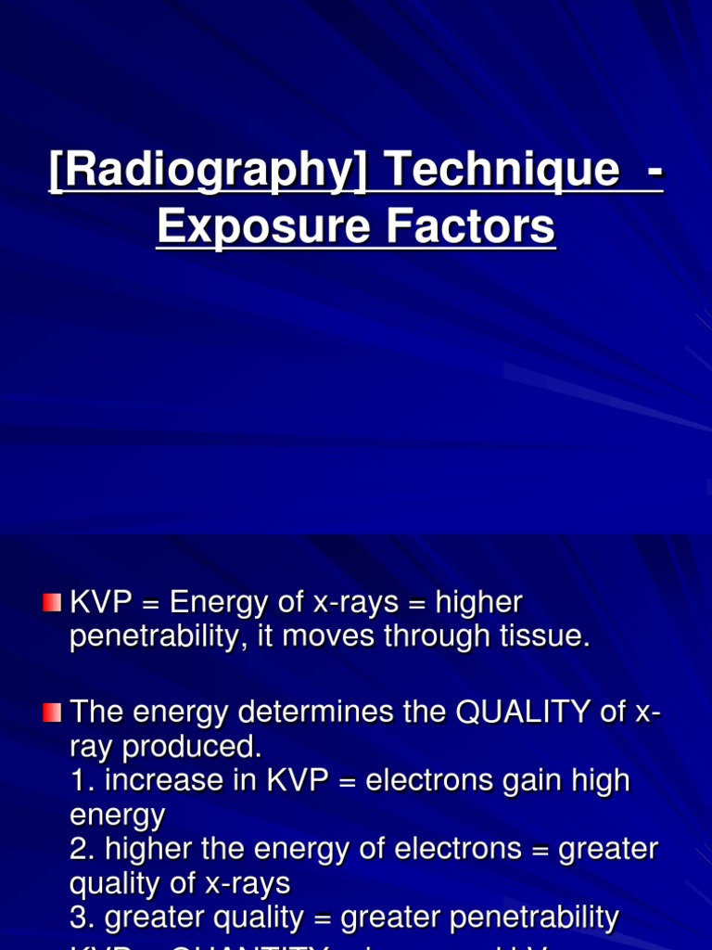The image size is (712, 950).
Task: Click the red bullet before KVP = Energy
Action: pyautogui.click(x=52, y=604)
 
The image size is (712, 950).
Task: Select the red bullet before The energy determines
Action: pyautogui.click(x=52, y=712)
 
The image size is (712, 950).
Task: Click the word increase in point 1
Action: pyautogui.click(x=156, y=780)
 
